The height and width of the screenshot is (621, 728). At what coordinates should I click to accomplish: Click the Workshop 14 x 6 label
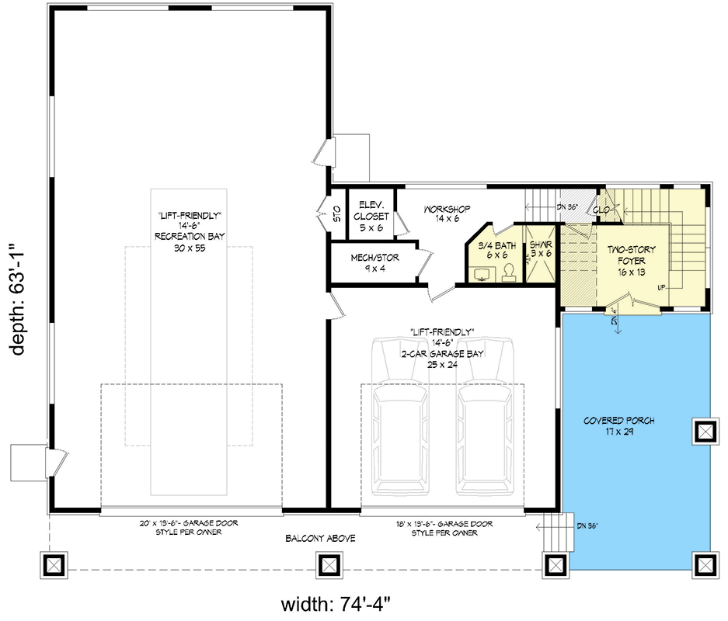click(x=448, y=214)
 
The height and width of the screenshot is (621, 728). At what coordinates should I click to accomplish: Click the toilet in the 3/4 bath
click(x=510, y=271)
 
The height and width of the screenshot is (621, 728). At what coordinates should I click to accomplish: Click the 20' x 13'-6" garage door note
click(x=191, y=528)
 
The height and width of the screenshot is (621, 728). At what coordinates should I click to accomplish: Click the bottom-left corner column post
click(x=53, y=563)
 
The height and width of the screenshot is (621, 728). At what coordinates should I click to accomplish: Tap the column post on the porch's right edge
click(x=704, y=429)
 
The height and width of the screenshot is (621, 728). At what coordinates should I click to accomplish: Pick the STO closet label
click(x=337, y=213)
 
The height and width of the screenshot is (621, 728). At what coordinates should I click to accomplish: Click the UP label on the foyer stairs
click(x=661, y=287)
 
